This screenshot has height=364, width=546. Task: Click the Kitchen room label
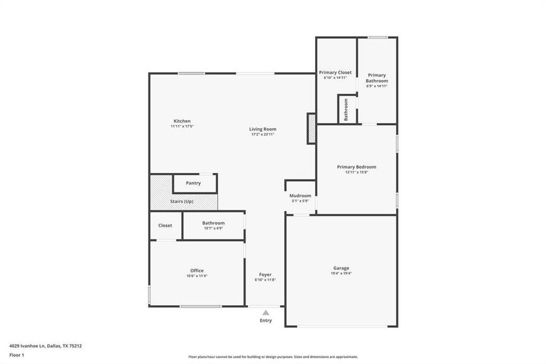[x=182, y=121]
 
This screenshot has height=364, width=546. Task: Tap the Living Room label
[x=262, y=129]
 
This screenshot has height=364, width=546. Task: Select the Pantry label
[x=193, y=183]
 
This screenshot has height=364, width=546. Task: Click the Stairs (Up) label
[x=182, y=201]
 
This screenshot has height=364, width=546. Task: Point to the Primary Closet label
[x=335, y=72]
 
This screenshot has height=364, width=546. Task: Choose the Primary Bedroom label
[x=356, y=167]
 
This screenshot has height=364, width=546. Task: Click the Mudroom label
[x=300, y=195]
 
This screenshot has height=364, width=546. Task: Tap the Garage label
[x=341, y=268]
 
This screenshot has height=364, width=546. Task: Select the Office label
[x=197, y=271]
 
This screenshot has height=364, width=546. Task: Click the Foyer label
[x=265, y=274]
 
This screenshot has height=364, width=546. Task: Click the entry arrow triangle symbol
[x=265, y=312]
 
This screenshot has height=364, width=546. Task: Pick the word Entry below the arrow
[x=265, y=320]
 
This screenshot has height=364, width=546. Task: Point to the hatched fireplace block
[x=311, y=129]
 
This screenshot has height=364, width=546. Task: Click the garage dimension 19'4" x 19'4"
[x=341, y=274]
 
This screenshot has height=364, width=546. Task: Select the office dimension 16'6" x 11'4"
[x=197, y=276]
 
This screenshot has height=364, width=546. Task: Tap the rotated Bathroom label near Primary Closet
[x=346, y=109]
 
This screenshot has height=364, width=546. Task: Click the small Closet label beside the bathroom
[x=165, y=225]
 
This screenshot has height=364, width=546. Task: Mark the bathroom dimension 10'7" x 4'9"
[x=213, y=228]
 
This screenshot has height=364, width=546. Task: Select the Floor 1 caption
[x=16, y=355]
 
